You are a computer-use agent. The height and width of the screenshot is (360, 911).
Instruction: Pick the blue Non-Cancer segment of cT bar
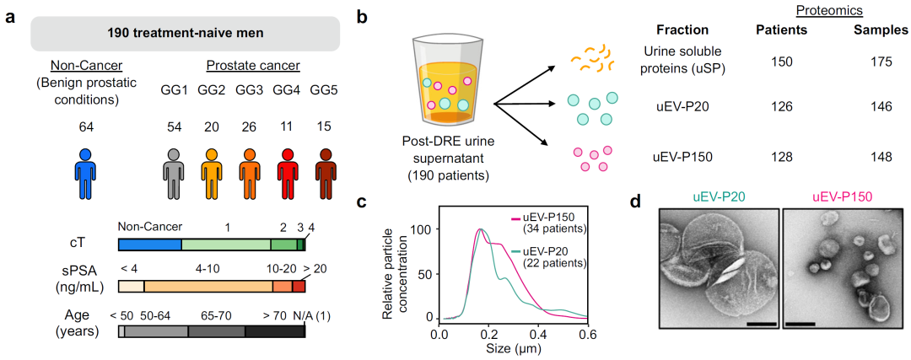pos(149,244)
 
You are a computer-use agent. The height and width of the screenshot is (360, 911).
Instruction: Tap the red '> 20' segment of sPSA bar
pos(299,287)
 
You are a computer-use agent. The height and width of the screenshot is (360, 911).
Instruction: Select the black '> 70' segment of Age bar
pos(274,331)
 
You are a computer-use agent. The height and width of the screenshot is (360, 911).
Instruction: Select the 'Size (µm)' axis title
pos(514,347)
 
